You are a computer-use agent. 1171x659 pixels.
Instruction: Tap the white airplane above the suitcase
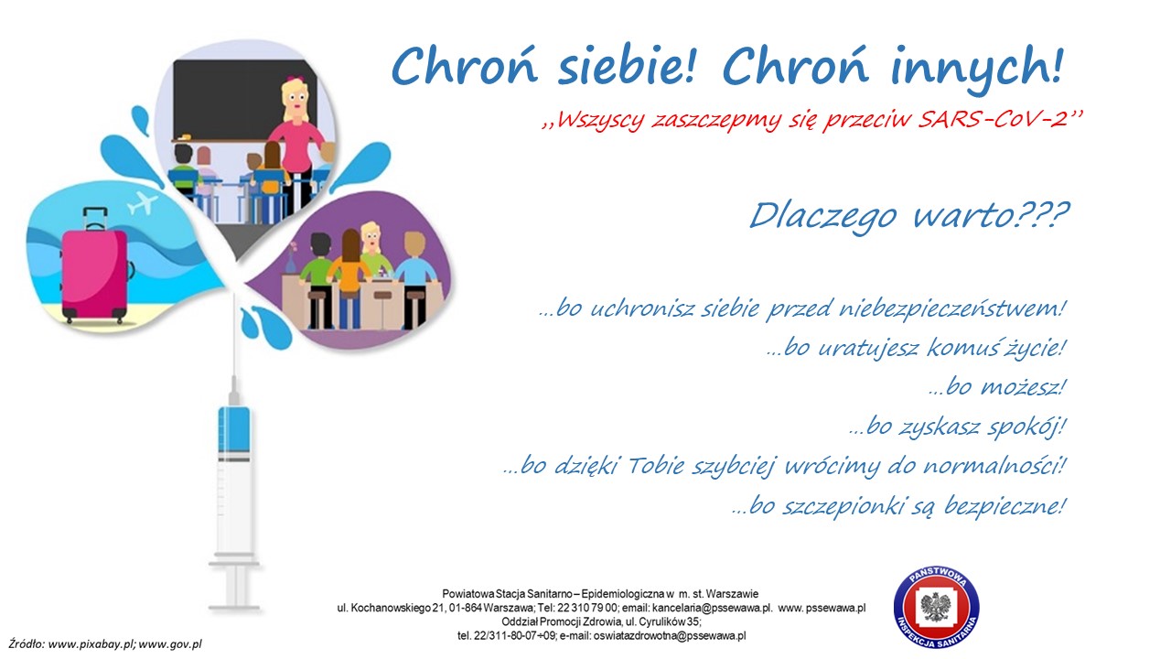coord(142,203)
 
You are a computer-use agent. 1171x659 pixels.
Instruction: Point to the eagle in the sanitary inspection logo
coord(936,607)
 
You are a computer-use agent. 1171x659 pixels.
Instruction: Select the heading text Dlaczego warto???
coord(909,216)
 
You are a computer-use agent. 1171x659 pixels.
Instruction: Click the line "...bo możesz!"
coord(997,387)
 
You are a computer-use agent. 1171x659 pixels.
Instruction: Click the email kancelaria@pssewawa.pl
coord(712,608)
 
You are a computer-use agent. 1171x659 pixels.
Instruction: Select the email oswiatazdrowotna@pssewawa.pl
coord(669,636)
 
